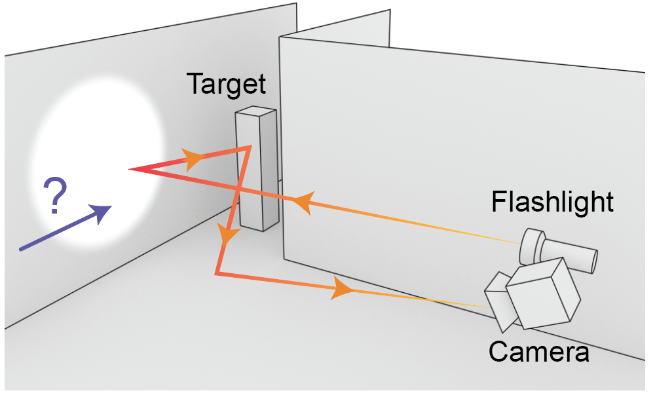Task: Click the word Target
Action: click(227, 85)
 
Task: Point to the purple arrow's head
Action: click(103, 211)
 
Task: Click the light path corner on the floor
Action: click(216, 273)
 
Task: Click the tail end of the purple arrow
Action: click(21, 249)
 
